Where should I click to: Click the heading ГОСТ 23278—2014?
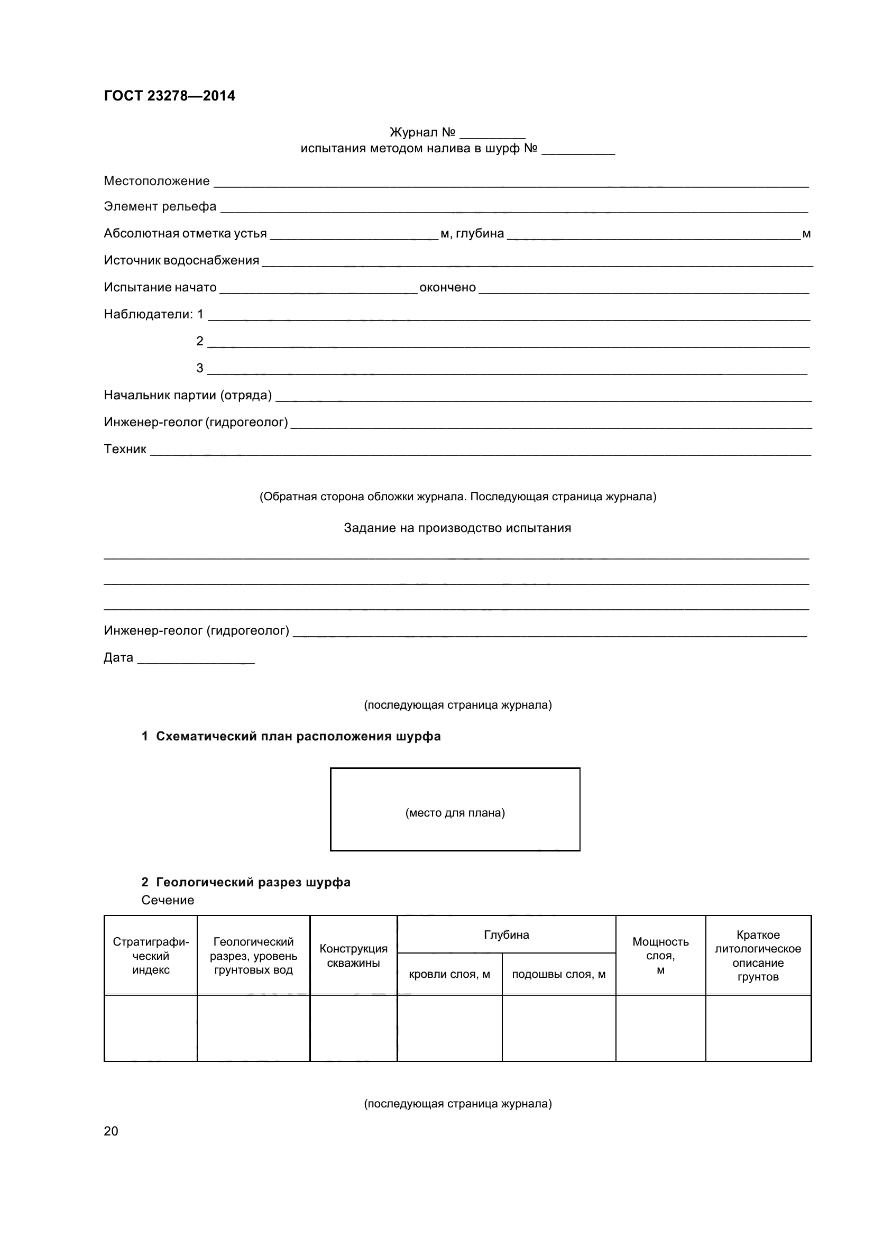click(x=169, y=96)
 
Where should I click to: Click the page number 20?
click(x=111, y=1130)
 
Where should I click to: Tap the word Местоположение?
click(x=157, y=181)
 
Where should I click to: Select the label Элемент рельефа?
click(x=160, y=206)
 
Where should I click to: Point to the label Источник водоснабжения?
click(x=181, y=260)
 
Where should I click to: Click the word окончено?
click(x=447, y=287)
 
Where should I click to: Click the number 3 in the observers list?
click(x=200, y=368)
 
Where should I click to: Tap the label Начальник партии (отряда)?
click(x=187, y=395)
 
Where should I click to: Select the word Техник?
click(x=125, y=449)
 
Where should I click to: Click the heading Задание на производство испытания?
click(x=457, y=528)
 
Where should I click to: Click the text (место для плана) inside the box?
click(x=455, y=812)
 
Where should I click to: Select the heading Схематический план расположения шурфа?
click(x=298, y=736)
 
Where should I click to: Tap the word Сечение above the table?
click(x=168, y=900)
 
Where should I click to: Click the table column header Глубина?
click(x=506, y=934)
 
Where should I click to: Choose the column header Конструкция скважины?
click(x=353, y=955)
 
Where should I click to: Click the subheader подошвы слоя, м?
click(x=558, y=974)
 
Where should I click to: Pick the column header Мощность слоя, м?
click(x=660, y=955)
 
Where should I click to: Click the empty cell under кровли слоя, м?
click(x=449, y=1028)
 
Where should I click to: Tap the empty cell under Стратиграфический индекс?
click(x=151, y=1028)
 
